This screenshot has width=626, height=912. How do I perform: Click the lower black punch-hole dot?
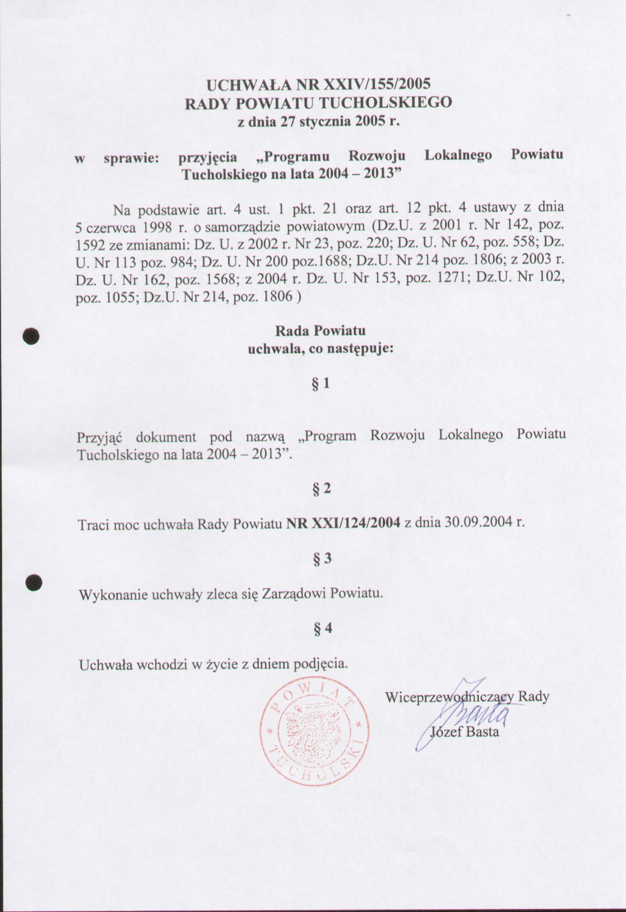pos(33,582)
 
